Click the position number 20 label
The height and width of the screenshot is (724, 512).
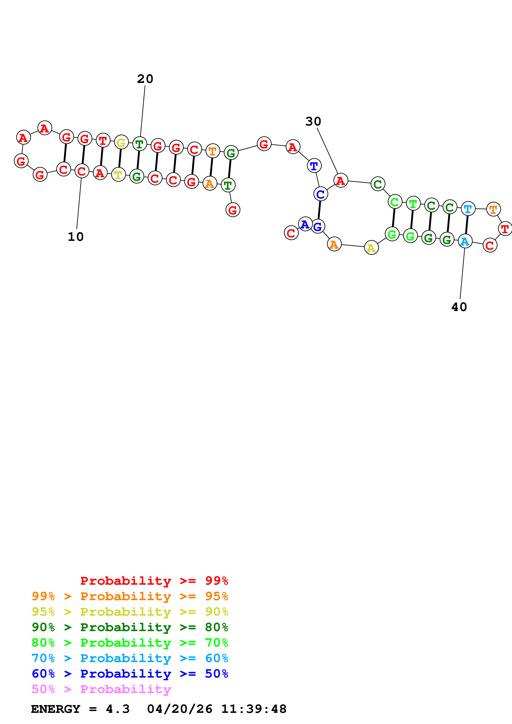(145, 79)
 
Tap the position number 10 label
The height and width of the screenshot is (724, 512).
(76, 237)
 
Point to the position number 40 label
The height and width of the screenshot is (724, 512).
(459, 307)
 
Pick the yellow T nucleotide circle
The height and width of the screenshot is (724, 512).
(118, 175)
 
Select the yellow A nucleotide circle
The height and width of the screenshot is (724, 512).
(371, 248)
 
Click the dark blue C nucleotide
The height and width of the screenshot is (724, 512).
(321, 194)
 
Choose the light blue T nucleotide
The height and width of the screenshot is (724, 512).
(468, 208)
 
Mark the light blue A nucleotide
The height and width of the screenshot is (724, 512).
(465, 241)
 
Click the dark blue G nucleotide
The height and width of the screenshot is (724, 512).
(318, 226)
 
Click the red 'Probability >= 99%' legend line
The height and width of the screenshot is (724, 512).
(154, 581)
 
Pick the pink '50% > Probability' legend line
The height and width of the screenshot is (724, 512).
(101, 689)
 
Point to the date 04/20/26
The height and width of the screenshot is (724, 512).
(179, 709)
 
